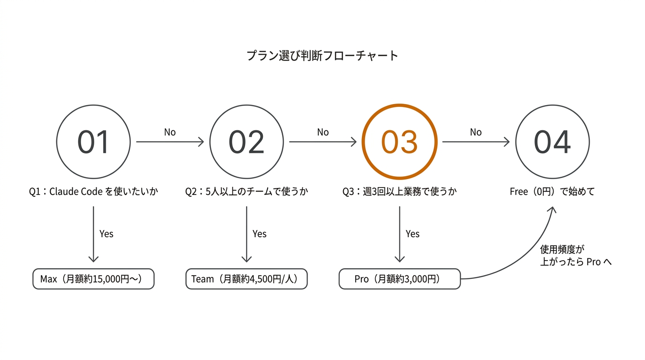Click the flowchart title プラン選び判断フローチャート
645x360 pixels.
coord(322,56)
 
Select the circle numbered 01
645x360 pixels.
coord(93,142)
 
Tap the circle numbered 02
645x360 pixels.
coord(247,142)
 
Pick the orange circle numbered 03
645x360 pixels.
coord(399,142)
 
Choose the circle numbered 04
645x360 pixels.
coord(552,142)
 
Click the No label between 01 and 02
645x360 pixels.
coord(170,133)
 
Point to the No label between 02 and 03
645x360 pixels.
coord(323,133)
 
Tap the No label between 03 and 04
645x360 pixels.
coord(476,133)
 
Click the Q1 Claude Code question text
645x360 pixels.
coord(93,192)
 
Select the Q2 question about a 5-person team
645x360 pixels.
coord(247,192)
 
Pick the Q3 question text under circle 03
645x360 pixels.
coord(399,192)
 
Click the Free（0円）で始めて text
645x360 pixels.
coord(552,192)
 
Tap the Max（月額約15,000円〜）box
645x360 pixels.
coord(93,279)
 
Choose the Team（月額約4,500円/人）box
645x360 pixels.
coord(247,279)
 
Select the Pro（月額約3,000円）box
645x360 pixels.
coord(399,279)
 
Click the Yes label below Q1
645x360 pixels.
coord(106,234)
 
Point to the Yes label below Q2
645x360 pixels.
coord(259,234)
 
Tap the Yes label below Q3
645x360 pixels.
coord(412,234)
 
